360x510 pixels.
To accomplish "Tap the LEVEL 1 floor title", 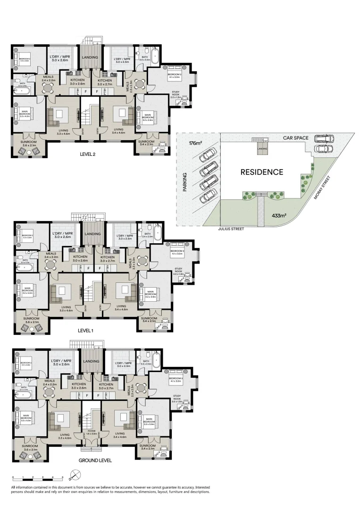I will [85, 331].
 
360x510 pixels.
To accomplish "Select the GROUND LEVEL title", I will [95, 460].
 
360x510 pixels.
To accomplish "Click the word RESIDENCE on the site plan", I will [262, 172].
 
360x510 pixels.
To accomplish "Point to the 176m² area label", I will [195, 143].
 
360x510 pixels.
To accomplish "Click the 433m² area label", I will [280, 215].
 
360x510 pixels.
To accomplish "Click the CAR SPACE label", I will [296, 138].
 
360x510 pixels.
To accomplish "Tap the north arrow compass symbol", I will [72, 475].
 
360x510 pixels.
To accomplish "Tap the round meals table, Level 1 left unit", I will [49, 265].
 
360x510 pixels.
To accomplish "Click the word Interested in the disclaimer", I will [200, 487].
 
